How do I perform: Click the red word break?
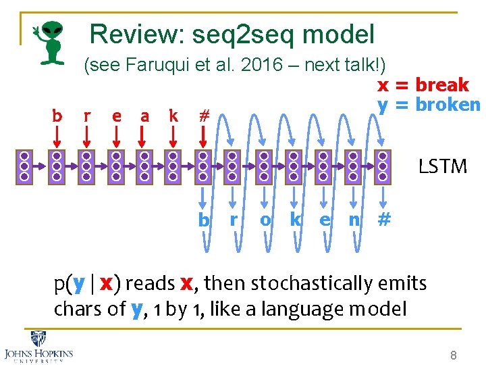pos(442,84)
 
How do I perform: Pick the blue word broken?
pos(448,105)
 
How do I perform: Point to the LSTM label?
pos(442,166)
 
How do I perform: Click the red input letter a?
pos(144,116)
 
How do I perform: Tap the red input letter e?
pos(116,116)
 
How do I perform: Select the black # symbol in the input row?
pos(202,116)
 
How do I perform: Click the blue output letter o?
pos(265,220)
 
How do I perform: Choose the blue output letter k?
pos(295,220)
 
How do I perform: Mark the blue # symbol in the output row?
pos(384,220)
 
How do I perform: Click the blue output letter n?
pos(353,220)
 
